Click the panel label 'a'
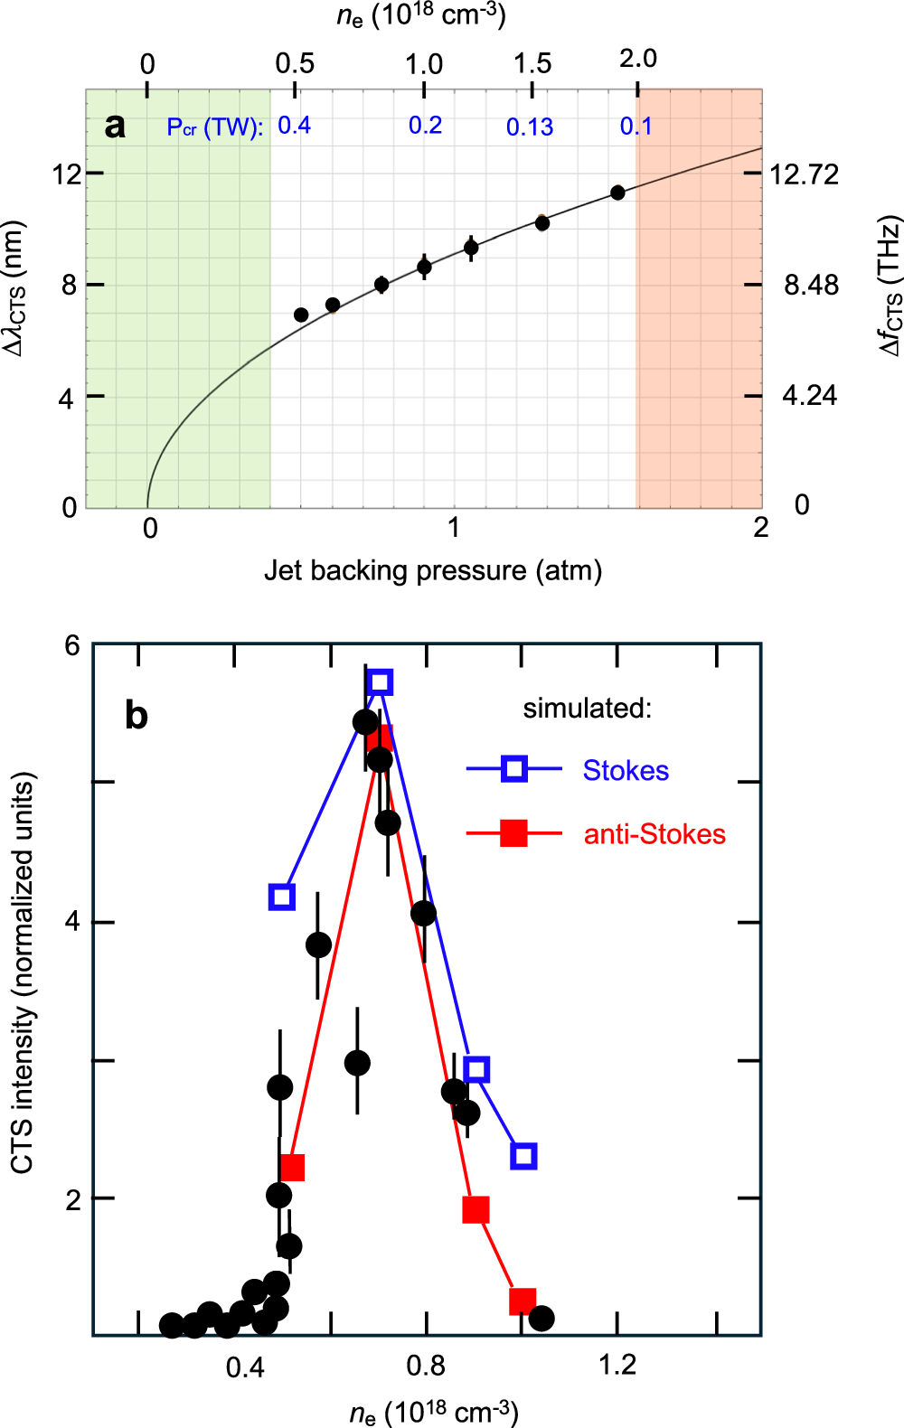coord(115,127)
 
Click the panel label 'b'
coord(136,716)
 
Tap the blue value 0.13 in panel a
coord(530,127)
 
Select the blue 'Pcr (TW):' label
coord(215,127)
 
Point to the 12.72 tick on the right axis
coord(804,174)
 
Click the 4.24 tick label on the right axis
coord(809,396)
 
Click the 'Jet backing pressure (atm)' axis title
coord(432,571)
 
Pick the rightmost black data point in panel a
coord(617,193)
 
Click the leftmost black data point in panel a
coord(301,315)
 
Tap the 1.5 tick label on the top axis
coord(532,63)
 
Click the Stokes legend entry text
coord(626,771)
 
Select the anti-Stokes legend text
coord(654,834)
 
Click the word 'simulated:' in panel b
coord(587,709)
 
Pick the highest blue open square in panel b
coord(381,681)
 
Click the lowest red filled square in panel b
coord(523,1301)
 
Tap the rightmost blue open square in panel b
coord(523,1156)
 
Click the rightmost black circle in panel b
coord(541,1319)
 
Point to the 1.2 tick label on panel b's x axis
coord(617,1365)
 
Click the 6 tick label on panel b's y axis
coord(72,645)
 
